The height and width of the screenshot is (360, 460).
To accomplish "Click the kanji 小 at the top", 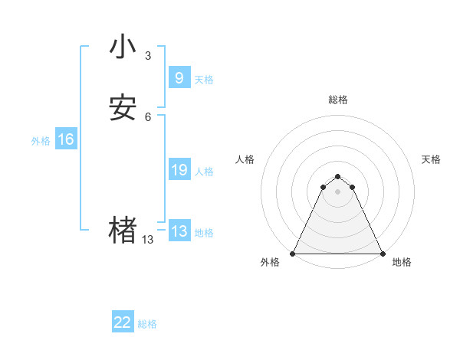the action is click(x=123, y=47).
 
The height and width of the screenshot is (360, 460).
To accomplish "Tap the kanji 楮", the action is click(x=123, y=230).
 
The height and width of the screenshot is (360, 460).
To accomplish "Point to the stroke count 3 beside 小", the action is click(x=148, y=56).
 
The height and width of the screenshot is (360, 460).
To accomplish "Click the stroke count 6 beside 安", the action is click(x=148, y=117).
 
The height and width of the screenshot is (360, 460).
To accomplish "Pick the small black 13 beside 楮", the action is click(x=148, y=240).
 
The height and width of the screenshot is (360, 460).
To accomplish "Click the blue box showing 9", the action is click(x=179, y=78).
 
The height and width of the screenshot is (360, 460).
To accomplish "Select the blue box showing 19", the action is click(x=179, y=170).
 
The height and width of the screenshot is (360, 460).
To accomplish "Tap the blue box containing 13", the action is click(x=179, y=231).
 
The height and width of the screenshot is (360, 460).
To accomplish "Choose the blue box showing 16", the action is click(x=66, y=139).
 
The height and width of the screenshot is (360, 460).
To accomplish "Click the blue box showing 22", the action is click(x=123, y=322).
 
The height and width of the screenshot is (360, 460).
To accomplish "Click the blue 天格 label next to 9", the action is click(x=204, y=80).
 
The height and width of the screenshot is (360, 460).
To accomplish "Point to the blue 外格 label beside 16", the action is click(x=41, y=141).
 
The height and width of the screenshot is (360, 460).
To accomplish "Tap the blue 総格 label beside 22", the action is click(x=147, y=324).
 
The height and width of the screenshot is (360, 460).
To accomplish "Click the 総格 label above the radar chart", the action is click(x=338, y=100).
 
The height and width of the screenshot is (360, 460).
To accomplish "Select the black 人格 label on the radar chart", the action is click(x=245, y=159).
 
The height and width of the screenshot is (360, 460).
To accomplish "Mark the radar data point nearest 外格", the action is click(x=293, y=253).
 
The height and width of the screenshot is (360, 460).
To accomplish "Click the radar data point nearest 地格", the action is click(x=383, y=253).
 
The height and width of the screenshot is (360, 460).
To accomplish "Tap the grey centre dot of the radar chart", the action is click(x=338, y=191).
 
